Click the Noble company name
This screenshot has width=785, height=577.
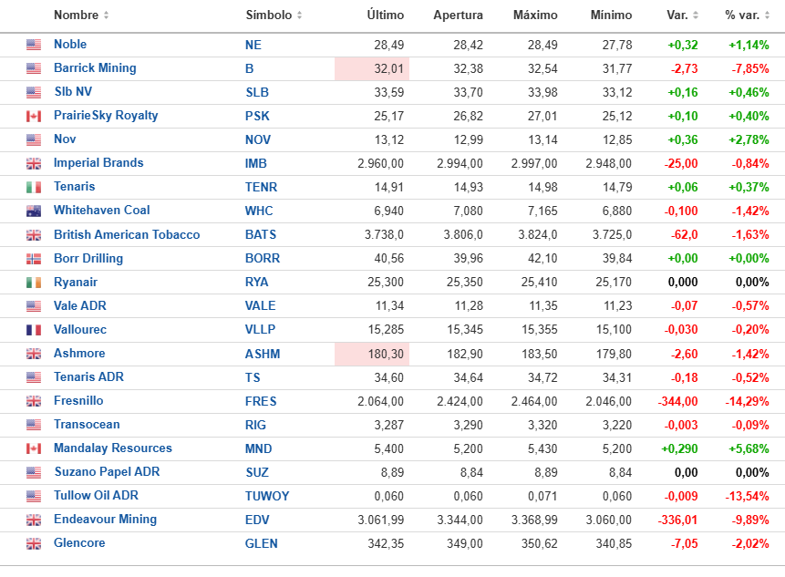click(70, 45)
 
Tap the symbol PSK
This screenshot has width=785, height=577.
click(257, 116)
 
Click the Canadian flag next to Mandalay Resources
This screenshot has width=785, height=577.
click(34, 448)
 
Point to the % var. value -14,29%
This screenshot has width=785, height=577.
click(748, 401)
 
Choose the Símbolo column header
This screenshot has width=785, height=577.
click(269, 15)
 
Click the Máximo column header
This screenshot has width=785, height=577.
click(536, 15)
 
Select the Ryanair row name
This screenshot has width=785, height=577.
click(76, 283)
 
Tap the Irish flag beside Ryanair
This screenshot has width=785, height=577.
click(34, 283)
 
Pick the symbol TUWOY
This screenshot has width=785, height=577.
click(267, 496)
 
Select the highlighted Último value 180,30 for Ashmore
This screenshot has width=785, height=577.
click(383, 354)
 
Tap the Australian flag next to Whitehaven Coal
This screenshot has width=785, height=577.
click(34, 211)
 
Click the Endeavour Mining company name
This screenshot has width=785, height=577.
click(105, 520)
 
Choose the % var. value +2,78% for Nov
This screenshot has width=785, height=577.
click(749, 139)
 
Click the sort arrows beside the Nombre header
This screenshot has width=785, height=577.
click(107, 15)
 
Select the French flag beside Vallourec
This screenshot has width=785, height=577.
click(34, 330)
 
